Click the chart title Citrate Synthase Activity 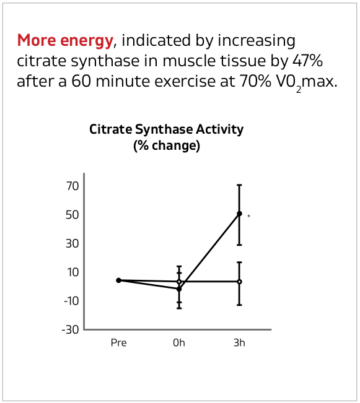pyautogui.click(x=166, y=130)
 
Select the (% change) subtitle pyautogui.click(x=166, y=146)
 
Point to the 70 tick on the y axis pyautogui.click(x=72, y=186)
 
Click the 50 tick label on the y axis pyautogui.click(x=72, y=215)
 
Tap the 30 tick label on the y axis pyautogui.click(x=72, y=243)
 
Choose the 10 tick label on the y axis pyautogui.click(x=72, y=272)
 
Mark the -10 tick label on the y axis pyautogui.click(x=70, y=300)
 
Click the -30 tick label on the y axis pyautogui.click(x=70, y=329)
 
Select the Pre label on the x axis pyautogui.click(x=118, y=342)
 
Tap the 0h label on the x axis pyautogui.click(x=179, y=342)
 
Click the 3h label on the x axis pyautogui.click(x=239, y=342)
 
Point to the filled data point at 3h pyautogui.click(x=239, y=214)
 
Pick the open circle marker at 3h pyautogui.click(x=239, y=281)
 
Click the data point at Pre pyautogui.click(x=118, y=280)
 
